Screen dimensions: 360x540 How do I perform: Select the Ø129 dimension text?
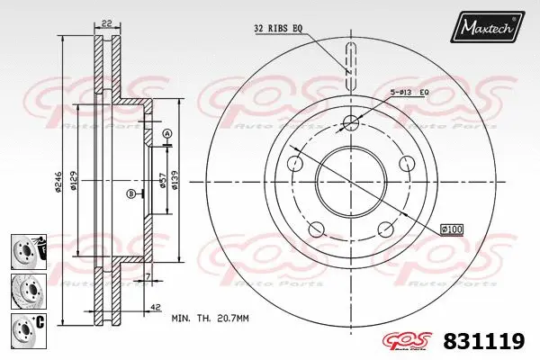tap(76, 184)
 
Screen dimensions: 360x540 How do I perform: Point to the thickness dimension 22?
tap(105, 24)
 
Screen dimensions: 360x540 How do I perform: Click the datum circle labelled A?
tap(167, 134)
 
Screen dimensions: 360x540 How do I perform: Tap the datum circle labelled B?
tap(131, 193)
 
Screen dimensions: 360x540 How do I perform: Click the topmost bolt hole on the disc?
tap(349, 122)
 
